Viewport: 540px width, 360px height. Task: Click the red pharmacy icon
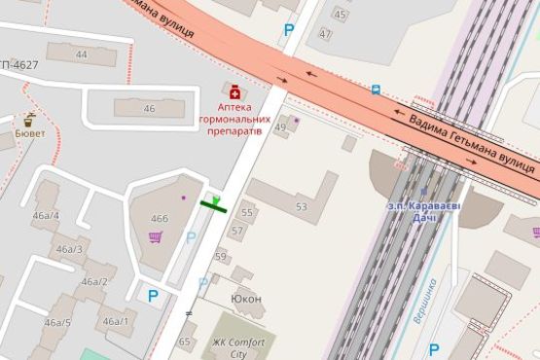point(233,90)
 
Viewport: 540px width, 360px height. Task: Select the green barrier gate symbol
point(215,202)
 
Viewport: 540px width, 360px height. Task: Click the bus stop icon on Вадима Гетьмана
point(376,90)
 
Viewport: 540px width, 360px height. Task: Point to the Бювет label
point(29,135)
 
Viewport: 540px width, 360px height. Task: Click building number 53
point(301,206)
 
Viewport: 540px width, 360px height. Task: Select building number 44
point(81,54)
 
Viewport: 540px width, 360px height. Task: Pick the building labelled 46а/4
point(46,215)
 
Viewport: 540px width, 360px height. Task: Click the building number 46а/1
point(115,321)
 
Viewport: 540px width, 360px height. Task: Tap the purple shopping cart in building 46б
point(155,237)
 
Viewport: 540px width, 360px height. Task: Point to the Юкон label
point(245,298)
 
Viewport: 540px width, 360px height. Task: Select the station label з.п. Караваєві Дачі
point(423,210)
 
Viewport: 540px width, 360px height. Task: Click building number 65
point(185,342)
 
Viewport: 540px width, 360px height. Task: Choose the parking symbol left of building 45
point(288,30)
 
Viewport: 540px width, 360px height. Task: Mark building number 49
point(280,126)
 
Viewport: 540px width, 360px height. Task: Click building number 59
point(222,257)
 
